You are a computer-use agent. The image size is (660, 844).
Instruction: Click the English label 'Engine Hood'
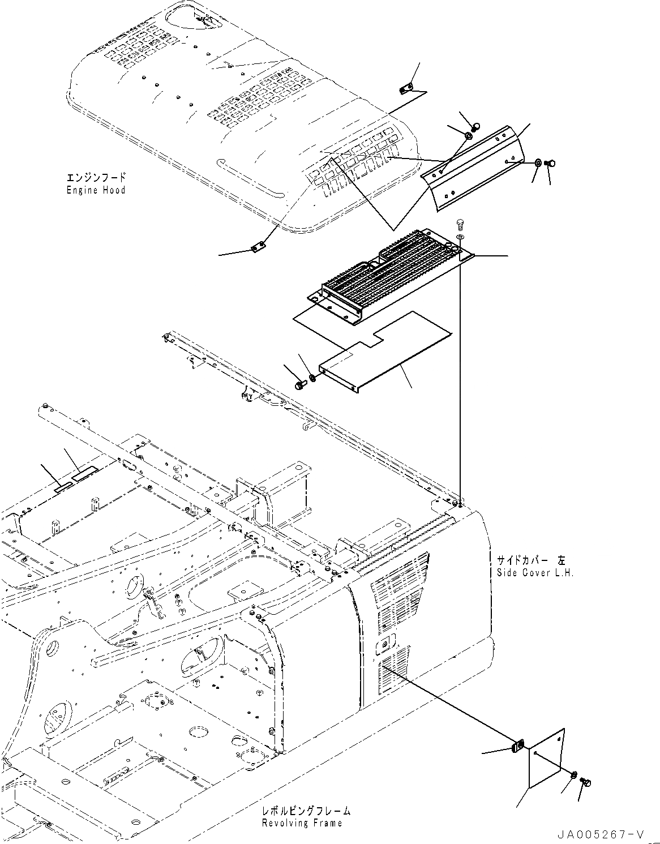[x=96, y=190]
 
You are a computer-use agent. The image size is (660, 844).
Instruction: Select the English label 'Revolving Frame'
[x=302, y=823]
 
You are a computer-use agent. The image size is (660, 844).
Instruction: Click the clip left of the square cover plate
[x=517, y=747]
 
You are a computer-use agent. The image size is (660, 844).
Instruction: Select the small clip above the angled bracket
[x=406, y=88]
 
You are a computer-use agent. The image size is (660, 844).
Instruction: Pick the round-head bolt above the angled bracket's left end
[x=477, y=126]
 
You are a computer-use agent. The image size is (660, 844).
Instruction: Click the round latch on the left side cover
[x=387, y=644]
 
